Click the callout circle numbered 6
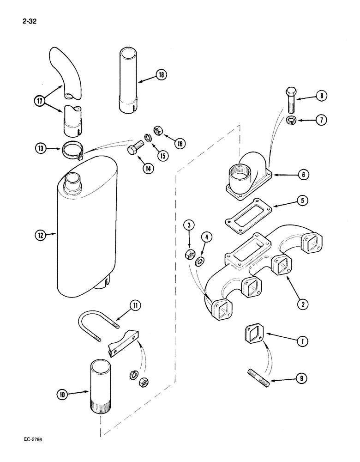click(303, 175)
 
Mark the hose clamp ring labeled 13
click(71, 150)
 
